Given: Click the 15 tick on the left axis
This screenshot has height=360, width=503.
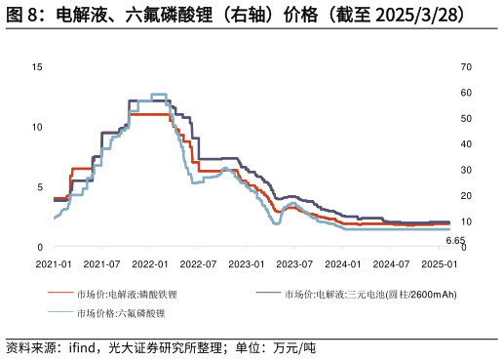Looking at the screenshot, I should pos(37,67).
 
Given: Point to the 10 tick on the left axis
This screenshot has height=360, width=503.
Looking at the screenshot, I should pos(37,127).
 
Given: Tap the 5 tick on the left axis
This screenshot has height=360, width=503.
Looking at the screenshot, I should pos(40,187).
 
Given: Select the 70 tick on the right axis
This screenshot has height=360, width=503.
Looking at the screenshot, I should pos(466,67).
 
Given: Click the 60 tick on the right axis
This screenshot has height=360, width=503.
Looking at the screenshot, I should pos(466,93).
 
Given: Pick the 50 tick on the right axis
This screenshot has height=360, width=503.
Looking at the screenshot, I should pos(466,119).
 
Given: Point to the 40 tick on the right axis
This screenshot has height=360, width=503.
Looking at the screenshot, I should pos(466,144).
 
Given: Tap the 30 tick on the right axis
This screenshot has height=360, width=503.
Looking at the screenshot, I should pos(466,170).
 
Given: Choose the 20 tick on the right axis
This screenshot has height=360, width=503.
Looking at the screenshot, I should pos(466,196).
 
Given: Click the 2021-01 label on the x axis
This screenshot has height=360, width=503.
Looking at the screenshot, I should pos(54,264).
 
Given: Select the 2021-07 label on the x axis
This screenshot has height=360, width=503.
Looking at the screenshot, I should pos(102,264).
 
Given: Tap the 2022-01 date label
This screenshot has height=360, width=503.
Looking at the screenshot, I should pos(150,264).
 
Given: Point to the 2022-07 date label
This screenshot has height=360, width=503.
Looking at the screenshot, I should pos(199,264).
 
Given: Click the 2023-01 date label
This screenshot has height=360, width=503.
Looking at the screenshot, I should pos(247,264).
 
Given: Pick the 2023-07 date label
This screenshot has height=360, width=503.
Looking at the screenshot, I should pos(294,264).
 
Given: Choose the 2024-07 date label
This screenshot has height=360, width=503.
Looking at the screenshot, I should pos(391,264).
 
